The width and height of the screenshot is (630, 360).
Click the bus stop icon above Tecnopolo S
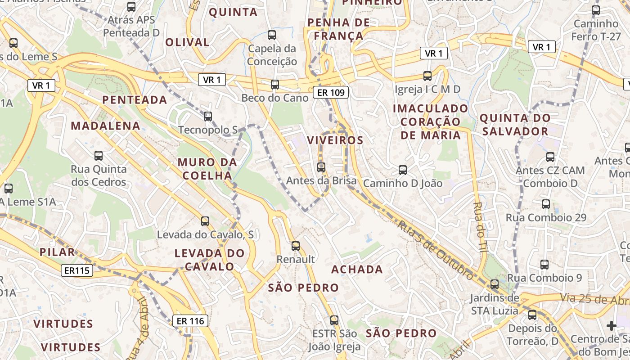click(207, 117)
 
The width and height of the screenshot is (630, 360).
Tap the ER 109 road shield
click(331, 93)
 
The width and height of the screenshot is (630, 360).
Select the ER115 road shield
click(77, 270)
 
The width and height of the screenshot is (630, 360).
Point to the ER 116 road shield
click(190, 321)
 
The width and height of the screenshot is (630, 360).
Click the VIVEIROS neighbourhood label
click(335, 140)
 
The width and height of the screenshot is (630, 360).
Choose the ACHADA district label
click(357, 270)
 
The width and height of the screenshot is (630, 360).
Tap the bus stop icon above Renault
click(296, 246)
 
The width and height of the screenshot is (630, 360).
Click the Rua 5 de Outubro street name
click(435, 247)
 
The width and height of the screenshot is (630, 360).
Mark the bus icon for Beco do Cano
click(275, 84)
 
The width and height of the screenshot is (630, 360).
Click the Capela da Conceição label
click(272, 55)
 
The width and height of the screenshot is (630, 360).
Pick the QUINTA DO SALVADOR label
click(515, 125)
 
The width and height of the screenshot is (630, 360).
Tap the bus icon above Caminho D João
click(403, 170)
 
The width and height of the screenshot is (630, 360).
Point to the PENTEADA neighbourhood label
click(135, 100)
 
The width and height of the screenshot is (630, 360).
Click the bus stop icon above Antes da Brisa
click(321, 167)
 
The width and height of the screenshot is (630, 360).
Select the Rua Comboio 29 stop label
click(546, 218)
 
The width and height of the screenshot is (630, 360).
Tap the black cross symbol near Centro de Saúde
click(611, 325)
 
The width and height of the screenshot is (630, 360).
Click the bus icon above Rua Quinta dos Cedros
click(99, 156)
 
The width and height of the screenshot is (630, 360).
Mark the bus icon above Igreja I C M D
click(427, 76)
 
